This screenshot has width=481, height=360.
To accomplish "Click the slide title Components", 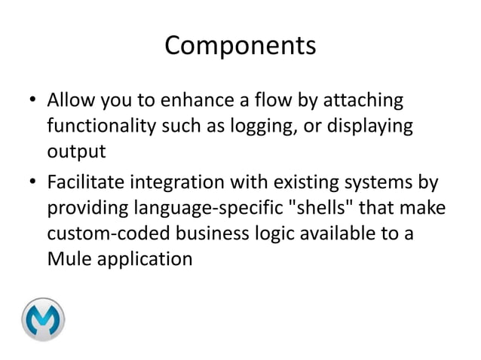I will tap(240, 47).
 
